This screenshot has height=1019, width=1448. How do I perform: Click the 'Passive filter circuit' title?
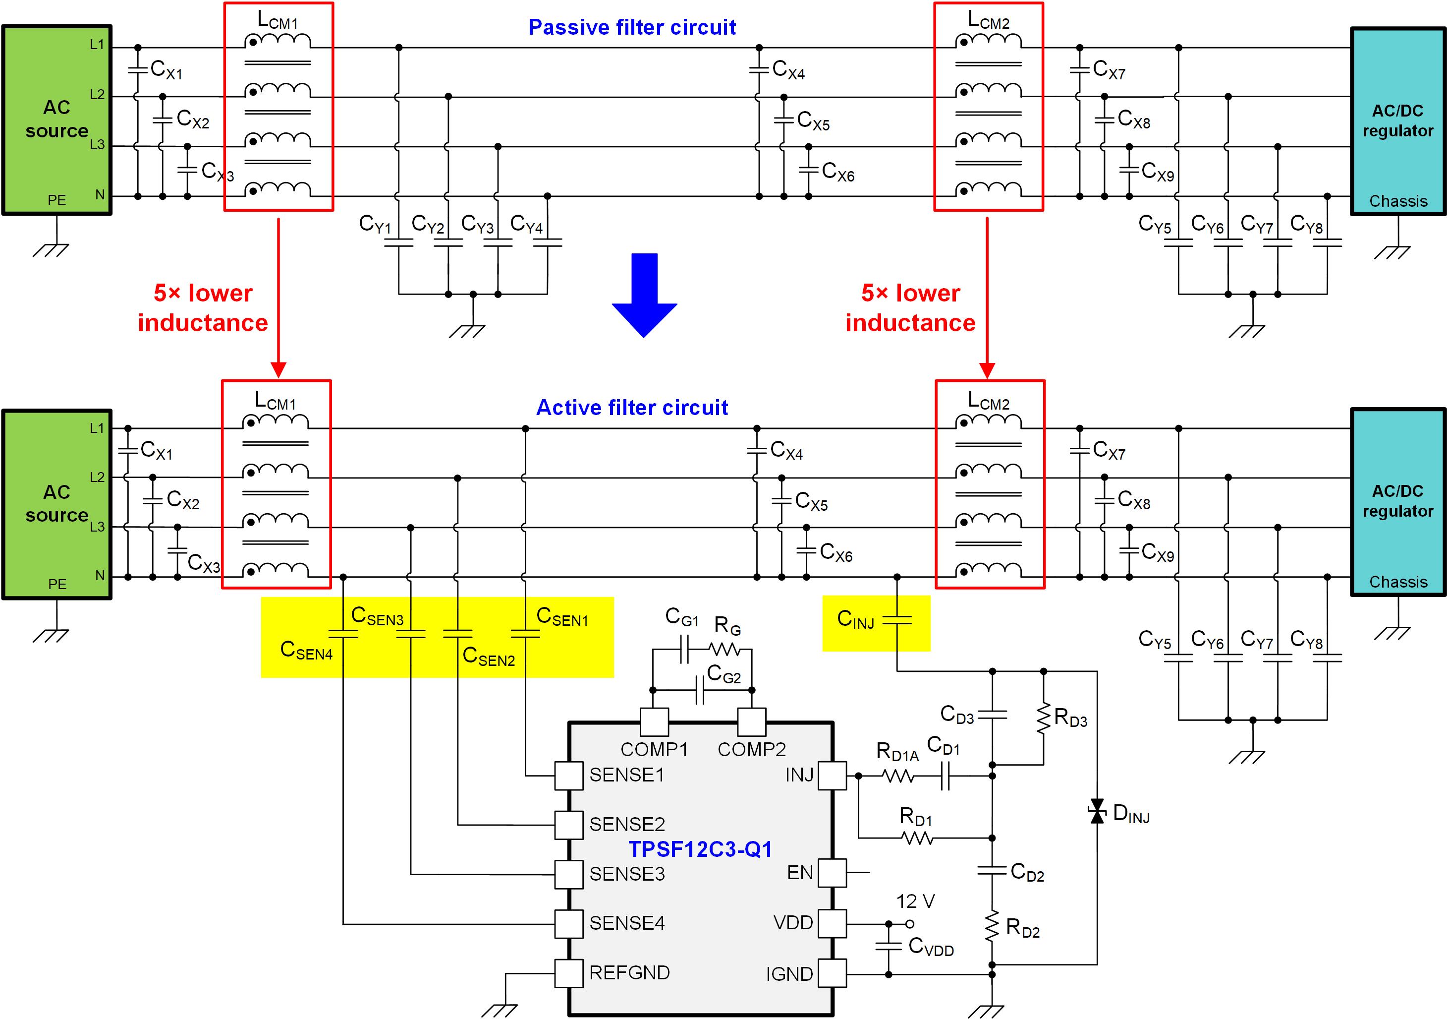[632, 27]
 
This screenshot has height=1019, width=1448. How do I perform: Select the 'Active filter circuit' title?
[632, 408]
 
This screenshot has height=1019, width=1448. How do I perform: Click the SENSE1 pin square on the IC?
[568, 776]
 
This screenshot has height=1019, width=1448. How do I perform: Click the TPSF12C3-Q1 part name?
[700, 850]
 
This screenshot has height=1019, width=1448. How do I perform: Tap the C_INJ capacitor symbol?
[897, 621]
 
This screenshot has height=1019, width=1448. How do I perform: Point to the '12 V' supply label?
[915, 901]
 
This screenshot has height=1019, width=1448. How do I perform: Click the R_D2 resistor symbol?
[992, 927]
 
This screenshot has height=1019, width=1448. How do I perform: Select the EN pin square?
[832, 873]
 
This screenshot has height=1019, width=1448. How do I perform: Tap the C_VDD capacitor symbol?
[889, 947]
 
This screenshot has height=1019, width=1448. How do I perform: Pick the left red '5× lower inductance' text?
[203, 308]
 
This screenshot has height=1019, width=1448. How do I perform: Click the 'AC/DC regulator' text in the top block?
[1397, 120]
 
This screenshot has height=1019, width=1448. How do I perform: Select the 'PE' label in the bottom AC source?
[57, 584]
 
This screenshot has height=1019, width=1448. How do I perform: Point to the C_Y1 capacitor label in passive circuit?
[375, 224]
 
